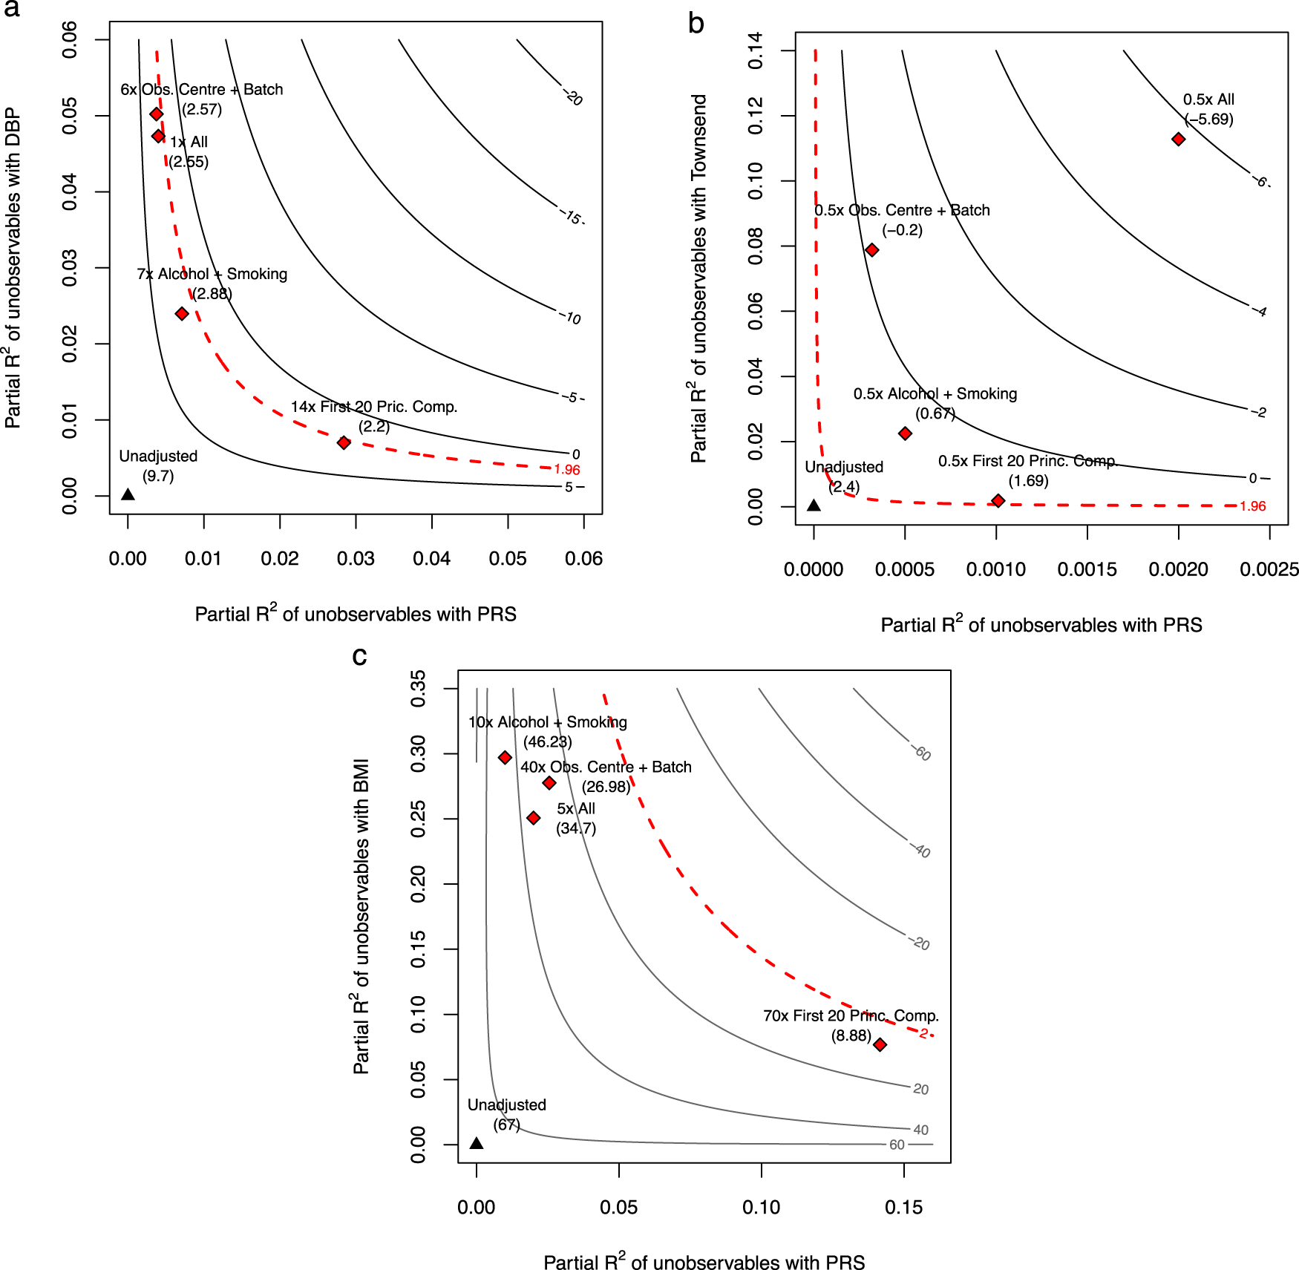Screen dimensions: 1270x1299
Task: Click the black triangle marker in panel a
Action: pos(128,494)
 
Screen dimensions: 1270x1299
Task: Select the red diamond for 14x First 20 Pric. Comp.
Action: pos(344,442)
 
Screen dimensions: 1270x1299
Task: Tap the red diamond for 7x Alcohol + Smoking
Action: pos(182,314)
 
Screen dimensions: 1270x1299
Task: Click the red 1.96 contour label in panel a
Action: pos(567,470)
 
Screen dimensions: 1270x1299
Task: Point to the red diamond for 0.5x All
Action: pos(1178,140)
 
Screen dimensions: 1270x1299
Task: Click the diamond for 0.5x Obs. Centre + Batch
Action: pos(872,250)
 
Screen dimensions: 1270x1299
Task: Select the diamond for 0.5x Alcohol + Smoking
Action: pos(905,433)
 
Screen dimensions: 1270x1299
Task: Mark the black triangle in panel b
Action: pos(814,505)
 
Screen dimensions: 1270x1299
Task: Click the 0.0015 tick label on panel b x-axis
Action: pos(1087,570)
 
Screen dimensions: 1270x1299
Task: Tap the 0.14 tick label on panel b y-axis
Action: pos(755,50)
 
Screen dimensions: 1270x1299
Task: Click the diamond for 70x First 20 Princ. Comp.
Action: pos(880,1045)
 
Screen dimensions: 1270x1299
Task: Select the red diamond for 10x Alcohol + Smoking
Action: pos(505,758)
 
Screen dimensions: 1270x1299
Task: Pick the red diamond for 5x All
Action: pos(533,818)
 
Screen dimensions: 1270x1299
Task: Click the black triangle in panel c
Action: pos(477,1143)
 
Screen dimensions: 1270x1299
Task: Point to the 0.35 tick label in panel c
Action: pos(418,688)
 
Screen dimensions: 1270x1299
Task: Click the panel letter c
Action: pos(359,656)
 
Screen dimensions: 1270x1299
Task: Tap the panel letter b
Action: pos(696,24)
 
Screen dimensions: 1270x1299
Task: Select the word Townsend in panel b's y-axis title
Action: pos(698,137)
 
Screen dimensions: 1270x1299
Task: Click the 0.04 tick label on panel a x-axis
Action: pos(431,559)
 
